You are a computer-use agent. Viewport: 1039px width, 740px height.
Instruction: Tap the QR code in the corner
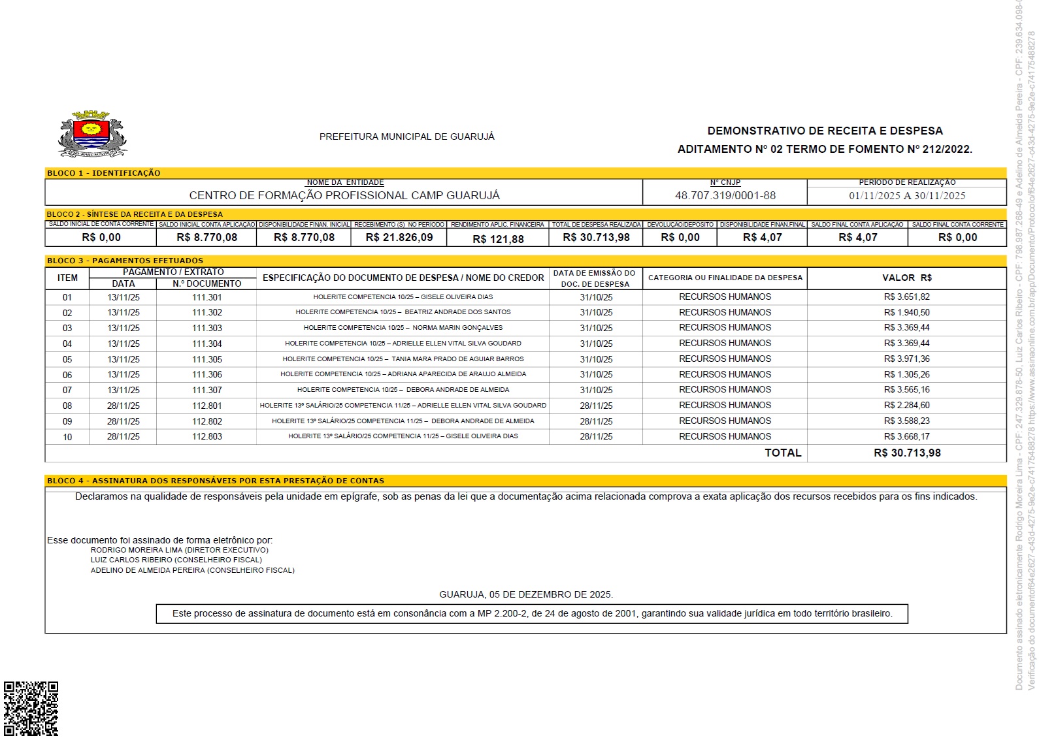point(31,709)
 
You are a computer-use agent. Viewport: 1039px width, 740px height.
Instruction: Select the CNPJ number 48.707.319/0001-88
point(725,195)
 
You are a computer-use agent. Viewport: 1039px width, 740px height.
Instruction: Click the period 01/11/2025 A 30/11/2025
point(906,195)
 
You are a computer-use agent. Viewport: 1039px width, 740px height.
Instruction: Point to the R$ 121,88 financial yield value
point(498,239)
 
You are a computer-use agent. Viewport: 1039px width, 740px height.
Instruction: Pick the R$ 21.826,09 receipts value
point(399,238)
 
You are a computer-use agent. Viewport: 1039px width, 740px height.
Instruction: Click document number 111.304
point(206,344)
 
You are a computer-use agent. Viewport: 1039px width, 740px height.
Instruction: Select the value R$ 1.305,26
point(906,374)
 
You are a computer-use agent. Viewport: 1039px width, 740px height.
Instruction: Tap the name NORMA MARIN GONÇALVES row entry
point(403,328)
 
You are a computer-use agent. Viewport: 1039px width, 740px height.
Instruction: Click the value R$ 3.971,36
point(906,359)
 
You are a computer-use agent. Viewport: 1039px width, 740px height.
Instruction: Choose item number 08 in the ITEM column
point(67,406)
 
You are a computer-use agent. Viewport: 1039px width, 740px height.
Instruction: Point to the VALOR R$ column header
point(906,278)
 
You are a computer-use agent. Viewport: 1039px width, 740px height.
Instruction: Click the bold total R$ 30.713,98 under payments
point(906,453)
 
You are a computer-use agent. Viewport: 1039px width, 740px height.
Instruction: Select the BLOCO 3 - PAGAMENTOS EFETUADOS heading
point(125,261)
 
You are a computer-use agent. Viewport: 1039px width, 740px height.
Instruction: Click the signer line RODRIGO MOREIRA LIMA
point(179,550)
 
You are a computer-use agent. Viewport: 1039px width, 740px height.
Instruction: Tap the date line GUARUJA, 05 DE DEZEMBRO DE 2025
point(525,594)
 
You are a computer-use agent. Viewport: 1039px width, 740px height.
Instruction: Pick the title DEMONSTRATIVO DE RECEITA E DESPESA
point(825,131)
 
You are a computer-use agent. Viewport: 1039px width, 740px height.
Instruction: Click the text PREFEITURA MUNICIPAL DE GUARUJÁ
point(406,137)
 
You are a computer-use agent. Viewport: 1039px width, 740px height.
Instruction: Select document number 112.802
point(206,421)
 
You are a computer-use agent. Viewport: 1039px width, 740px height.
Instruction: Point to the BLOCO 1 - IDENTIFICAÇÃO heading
point(103,173)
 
